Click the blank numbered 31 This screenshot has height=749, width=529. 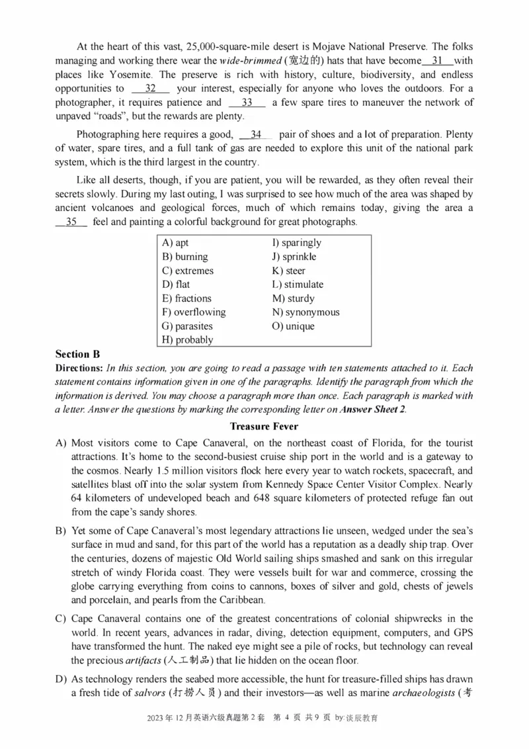tap(436, 60)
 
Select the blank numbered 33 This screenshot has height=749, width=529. tap(247, 103)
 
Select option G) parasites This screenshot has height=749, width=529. tap(187, 326)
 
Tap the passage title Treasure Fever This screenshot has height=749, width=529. tap(264, 427)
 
